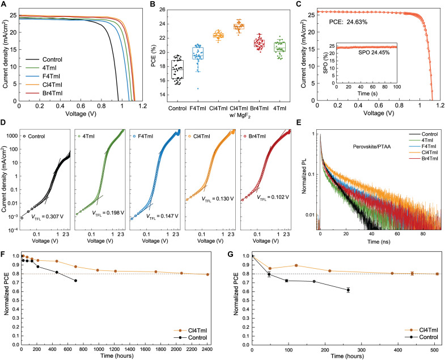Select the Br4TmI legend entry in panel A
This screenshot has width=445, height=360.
[x=44, y=94]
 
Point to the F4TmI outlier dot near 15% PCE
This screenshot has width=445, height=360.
[x=198, y=88]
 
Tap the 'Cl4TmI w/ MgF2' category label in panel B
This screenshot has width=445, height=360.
[x=239, y=112]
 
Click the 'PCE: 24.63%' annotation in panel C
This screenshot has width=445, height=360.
[x=348, y=22]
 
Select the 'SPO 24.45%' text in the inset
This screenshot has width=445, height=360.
[x=374, y=53]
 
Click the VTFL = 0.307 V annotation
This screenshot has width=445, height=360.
[x=47, y=217]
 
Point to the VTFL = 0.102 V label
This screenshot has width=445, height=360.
[x=273, y=197]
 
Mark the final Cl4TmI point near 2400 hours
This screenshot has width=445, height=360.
[x=207, y=274]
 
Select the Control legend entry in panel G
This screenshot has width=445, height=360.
[x=421, y=337]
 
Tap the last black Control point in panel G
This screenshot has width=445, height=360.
[x=348, y=290]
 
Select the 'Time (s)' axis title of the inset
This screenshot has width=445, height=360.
[x=367, y=94]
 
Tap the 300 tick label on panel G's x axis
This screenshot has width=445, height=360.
[x=362, y=350]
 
